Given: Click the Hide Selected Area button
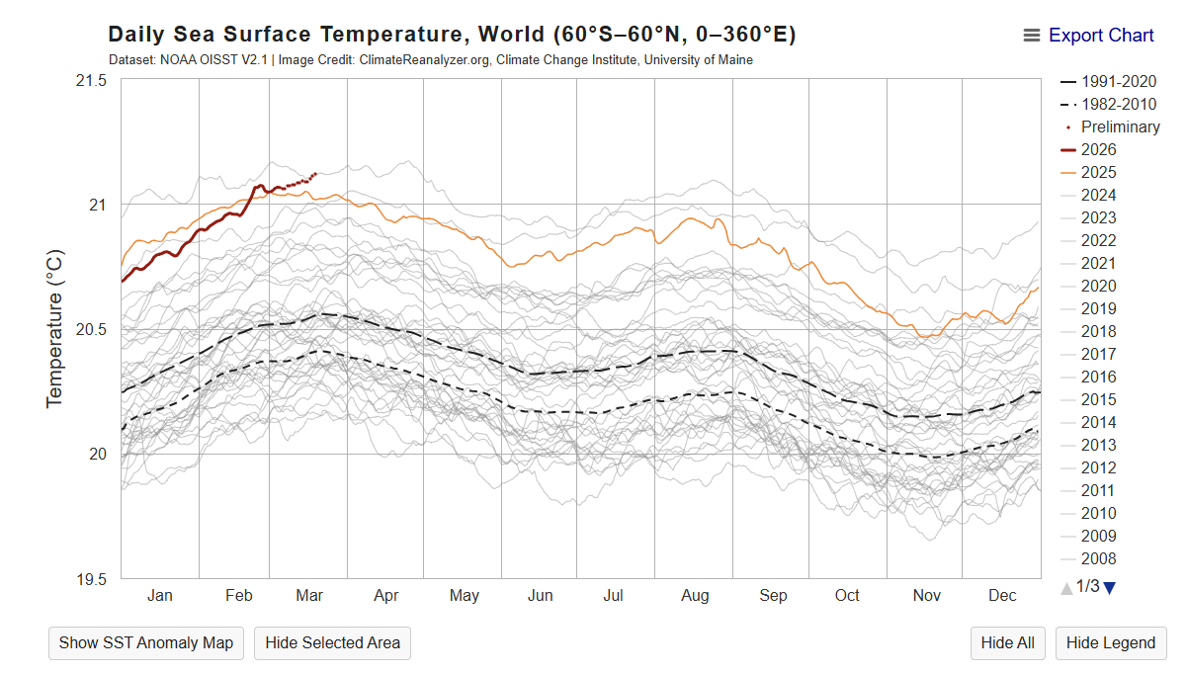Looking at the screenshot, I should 332,642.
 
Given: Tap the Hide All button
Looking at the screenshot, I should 1007,642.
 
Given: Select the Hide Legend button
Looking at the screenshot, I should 1111,642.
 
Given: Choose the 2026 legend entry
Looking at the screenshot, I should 1098,149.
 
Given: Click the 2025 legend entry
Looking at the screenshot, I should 1098,172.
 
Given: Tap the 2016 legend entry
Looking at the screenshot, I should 1098,377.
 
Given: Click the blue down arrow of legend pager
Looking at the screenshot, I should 1109,587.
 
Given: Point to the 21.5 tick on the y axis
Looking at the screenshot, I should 91,80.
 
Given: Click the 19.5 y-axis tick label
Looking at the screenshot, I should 91,579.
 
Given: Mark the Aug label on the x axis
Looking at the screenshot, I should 695,595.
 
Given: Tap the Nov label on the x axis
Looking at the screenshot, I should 926,595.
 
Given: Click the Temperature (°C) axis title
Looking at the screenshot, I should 55,328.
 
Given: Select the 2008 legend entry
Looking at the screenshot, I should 1098,558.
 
